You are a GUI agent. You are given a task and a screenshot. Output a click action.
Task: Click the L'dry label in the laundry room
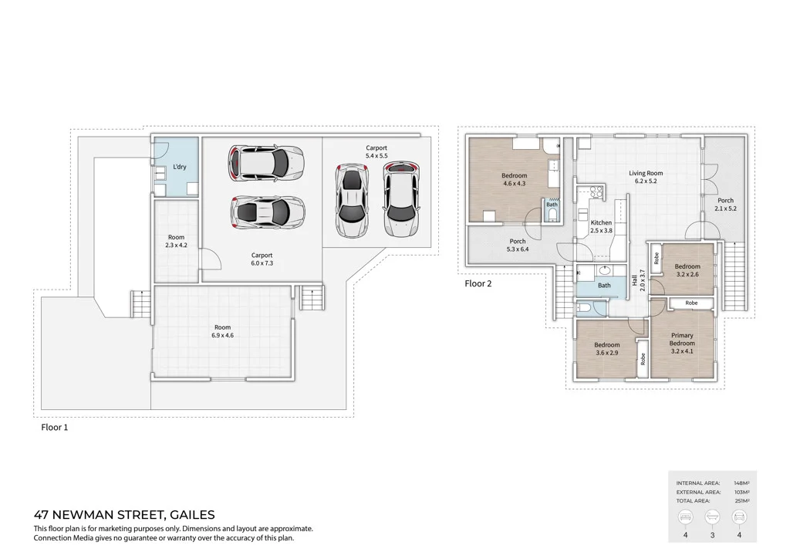point(179,168)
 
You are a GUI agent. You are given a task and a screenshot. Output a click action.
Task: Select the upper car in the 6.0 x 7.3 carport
point(265,163)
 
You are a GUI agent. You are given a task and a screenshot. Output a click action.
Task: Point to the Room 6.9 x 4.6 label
point(222,331)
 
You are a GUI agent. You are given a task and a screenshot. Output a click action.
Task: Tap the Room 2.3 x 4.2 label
point(176,241)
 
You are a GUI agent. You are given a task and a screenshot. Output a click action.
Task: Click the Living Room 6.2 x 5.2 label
point(645,178)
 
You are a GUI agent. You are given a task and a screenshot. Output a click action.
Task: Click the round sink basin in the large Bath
point(603,271)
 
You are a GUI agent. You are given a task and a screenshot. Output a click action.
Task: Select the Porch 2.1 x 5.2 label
point(725,205)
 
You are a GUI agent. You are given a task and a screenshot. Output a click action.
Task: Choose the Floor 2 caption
point(478,283)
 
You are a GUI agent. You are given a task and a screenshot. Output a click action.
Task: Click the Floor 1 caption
point(54,426)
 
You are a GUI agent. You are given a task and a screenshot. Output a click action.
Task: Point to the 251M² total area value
point(741,500)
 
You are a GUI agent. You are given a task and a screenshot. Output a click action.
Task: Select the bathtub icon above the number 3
point(712,517)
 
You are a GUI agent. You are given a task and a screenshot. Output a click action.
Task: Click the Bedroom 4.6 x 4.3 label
point(514,179)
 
